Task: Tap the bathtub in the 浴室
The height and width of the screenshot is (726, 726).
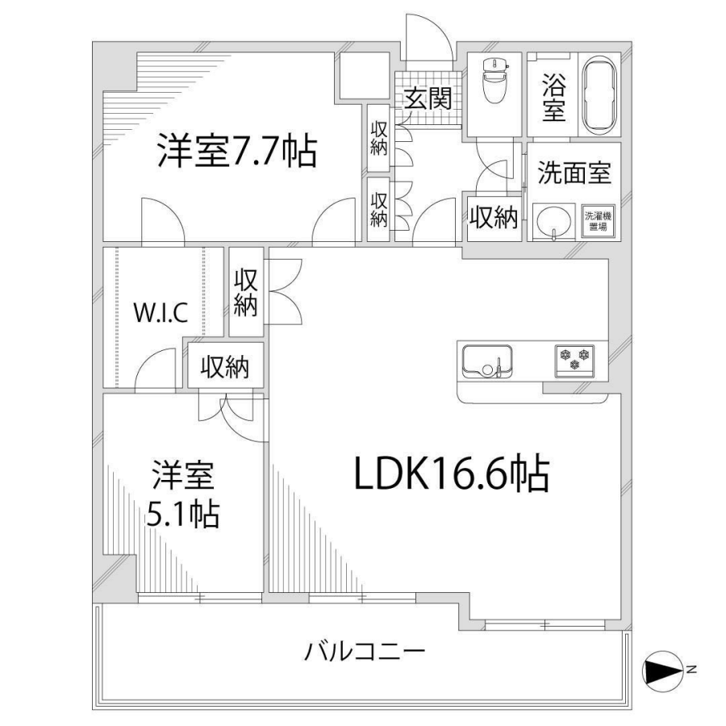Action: tap(599, 96)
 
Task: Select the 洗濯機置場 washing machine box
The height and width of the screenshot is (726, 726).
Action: tap(599, 221)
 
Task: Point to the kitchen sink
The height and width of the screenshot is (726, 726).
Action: tap(487, 361)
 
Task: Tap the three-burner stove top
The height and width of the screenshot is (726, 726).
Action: tap(574, 359)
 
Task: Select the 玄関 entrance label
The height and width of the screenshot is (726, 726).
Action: tap(428, 98)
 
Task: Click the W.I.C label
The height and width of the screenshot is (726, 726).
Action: tap(161, 312)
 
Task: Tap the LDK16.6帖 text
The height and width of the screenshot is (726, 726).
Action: tap(452, 474)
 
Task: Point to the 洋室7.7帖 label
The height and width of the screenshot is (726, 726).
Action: tap(236, 151)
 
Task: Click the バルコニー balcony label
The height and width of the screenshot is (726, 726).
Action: tap(364, 652)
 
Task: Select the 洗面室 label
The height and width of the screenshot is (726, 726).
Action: tap(574, 173)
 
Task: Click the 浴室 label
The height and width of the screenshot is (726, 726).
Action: tap(553, 98)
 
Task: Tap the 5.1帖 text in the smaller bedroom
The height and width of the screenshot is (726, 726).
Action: tap(182, 513)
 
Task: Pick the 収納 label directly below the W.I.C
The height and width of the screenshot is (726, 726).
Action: tap(225, 367)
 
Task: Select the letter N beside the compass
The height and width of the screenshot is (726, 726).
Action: tap(691, 669)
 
